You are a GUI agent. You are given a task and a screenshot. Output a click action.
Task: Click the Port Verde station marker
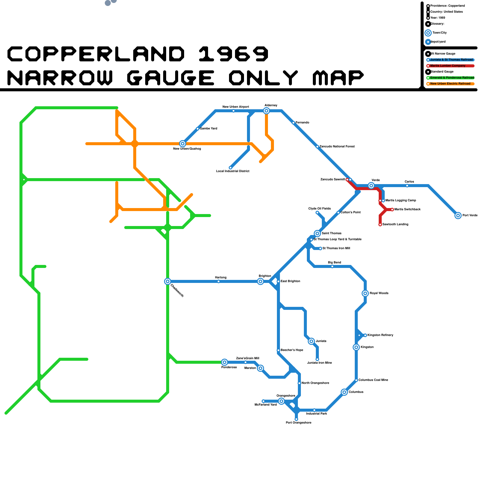click(458, 216)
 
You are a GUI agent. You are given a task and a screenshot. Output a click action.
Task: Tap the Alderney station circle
click(266, 111)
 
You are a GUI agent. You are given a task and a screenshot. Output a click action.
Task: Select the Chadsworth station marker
click(168, 281)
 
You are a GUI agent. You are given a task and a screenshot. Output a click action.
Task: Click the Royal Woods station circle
click(365, 293)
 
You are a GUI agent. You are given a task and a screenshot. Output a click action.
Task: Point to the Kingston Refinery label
click(380, 335)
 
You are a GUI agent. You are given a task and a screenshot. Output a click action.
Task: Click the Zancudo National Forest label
click(337, 147)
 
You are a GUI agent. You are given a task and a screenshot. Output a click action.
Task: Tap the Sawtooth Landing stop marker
click(380, 225)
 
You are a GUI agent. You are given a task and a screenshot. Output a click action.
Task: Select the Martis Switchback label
click(407, 210)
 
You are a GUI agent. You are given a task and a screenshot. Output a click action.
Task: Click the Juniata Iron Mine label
click(319, 363)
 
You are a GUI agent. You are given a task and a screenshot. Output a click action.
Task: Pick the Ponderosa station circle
click(225, 362)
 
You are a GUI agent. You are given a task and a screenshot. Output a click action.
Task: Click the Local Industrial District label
click(233, 171)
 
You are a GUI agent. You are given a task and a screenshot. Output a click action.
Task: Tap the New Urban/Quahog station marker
click(183, 144)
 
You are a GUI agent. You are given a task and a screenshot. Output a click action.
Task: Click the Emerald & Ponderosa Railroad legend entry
click(452, 78)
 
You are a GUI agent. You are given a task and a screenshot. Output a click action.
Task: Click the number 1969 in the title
click(234, 54)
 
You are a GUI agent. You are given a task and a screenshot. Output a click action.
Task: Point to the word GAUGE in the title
click(171, 78)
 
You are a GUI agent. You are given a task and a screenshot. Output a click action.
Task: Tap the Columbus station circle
click(344, 392)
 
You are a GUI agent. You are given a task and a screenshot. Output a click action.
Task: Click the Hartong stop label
click(221, 278)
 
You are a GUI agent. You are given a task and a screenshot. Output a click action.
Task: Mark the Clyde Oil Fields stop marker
click(317, 213)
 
